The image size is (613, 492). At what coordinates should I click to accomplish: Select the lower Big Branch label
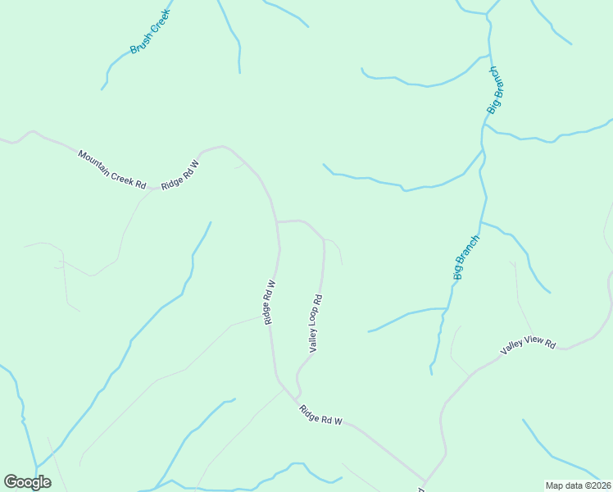pyautogui.click(x=465, y=257)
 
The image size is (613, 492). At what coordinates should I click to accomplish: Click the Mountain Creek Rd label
pyautogui.click(x=111, y=170)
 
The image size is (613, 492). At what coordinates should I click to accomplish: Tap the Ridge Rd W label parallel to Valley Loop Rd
pyautogui.click(x=269, y=303)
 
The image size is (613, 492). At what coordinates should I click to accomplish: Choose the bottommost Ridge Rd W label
pyautogui.click(x=320, y=415)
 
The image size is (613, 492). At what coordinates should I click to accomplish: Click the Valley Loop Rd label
pyautogui.click(x=316, y=324)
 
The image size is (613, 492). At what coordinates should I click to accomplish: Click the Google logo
pyautogui.click(x=28, y=482)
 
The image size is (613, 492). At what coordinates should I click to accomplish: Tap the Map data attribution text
pyautogui.click(x=578, y=485)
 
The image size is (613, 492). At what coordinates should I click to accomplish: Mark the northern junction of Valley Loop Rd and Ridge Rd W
pyautogui.click(x=278, y=221)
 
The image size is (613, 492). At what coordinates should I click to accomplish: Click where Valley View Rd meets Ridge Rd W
pyautogui.click(x=425, y=482)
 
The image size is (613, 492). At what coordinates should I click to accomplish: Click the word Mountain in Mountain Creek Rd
pyautogui.click(x=94, y=161)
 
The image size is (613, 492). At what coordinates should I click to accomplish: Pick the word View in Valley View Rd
pyautogui.click(x=532, y=345)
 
